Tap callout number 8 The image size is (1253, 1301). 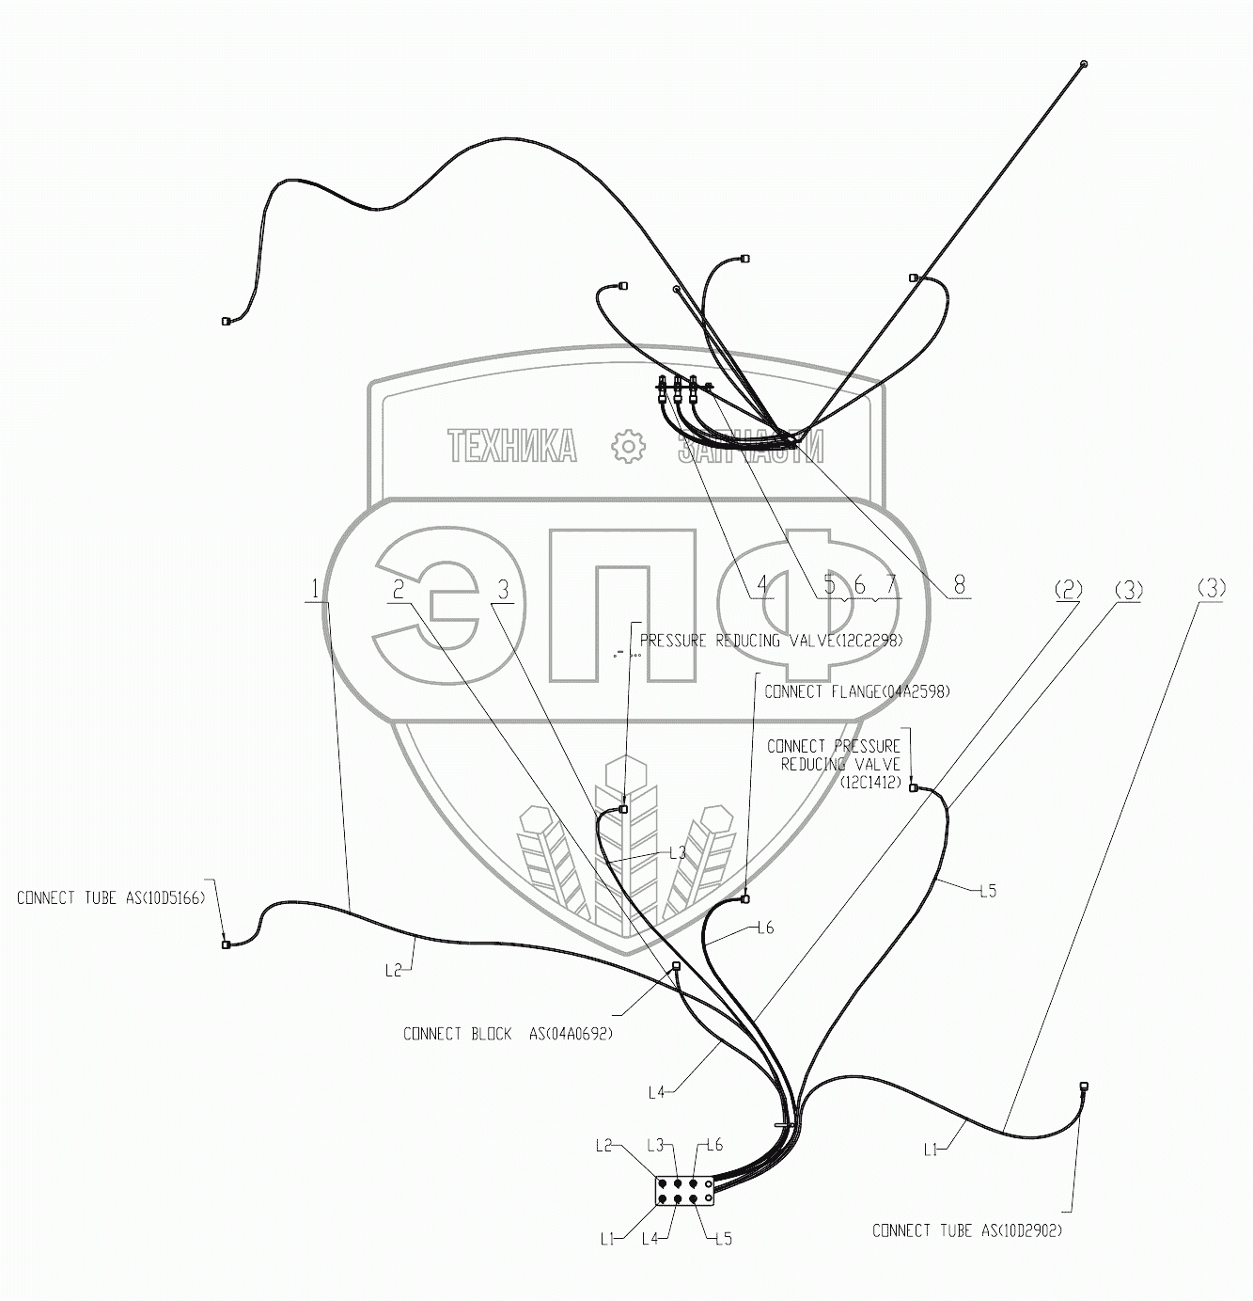959,585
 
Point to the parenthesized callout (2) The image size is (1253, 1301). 1068,591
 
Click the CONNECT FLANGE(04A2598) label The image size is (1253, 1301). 857,691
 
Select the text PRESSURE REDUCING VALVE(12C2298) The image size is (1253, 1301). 771,641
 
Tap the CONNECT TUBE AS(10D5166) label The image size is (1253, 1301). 111,898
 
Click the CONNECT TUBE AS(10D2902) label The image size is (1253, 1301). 967,1230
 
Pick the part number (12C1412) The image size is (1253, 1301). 869,782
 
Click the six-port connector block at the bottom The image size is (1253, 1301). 685,1192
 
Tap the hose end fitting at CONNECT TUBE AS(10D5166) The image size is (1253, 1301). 225,944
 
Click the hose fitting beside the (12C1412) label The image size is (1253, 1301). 913,787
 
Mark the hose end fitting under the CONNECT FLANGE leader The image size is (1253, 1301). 745,899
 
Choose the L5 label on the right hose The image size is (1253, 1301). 987,891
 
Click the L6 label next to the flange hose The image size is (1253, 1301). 765,928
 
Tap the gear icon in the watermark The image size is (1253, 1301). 625,447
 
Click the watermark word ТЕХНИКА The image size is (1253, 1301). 512,447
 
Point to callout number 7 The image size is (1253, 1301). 890,585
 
